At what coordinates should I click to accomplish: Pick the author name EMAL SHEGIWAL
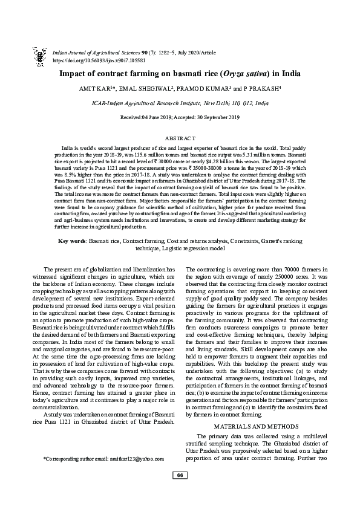tap(146, 90)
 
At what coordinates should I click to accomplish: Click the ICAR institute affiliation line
tap(180, 103)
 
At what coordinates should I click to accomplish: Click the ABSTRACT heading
tap(180, 139)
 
